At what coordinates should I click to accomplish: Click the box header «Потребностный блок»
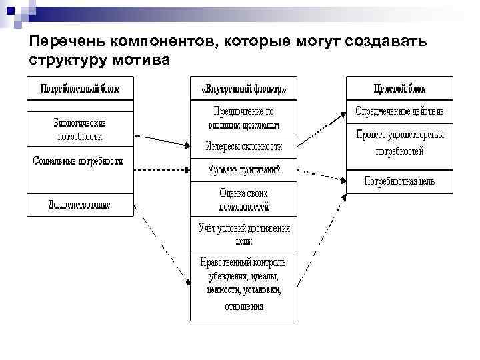pos(80,89)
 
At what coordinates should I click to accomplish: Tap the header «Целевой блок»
pos(399,89)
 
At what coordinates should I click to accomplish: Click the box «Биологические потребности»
pos(80,129)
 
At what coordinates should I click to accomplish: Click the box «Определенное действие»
pos(399,111)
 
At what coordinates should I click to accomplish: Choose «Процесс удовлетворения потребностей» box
pos(399,143)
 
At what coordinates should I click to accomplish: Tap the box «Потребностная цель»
pos(399,181)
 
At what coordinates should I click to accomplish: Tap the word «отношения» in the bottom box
pos(244,307)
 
